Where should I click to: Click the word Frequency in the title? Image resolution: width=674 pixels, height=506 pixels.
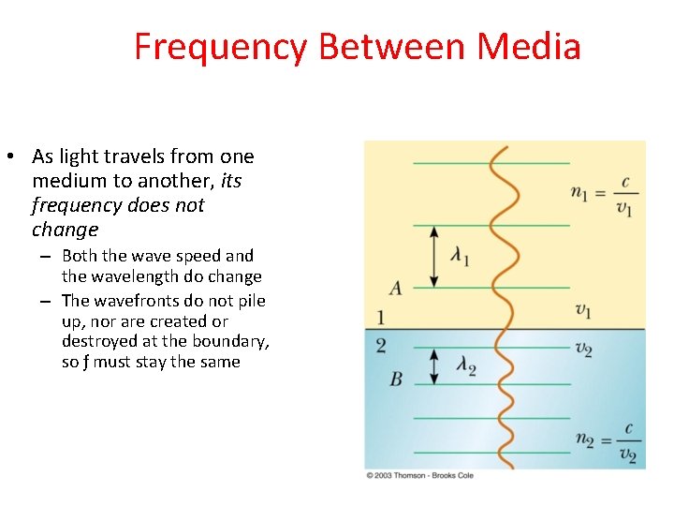(x=219, y=47)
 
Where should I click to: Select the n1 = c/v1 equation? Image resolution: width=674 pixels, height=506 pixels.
(x=602, y=195)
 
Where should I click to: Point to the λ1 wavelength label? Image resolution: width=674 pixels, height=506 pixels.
(x=459, y=256)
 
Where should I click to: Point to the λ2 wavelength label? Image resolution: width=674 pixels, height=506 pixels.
(x=465, y=365)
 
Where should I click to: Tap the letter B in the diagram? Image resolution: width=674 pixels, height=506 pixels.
(x=395, y=379)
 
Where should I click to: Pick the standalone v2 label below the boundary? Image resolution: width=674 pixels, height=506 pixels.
(x=583, y=349)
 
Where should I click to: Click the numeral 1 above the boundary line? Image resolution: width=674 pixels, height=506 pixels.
(x=381, y=317)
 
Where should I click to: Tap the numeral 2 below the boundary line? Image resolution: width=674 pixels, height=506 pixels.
(x=381, y=346)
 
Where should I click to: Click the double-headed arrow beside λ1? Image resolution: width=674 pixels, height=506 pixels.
(x=433, y=256)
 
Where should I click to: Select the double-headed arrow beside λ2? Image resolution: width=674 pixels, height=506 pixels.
(x=433, y=365)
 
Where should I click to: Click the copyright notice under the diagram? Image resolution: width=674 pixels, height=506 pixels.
(x=419, y=476)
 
